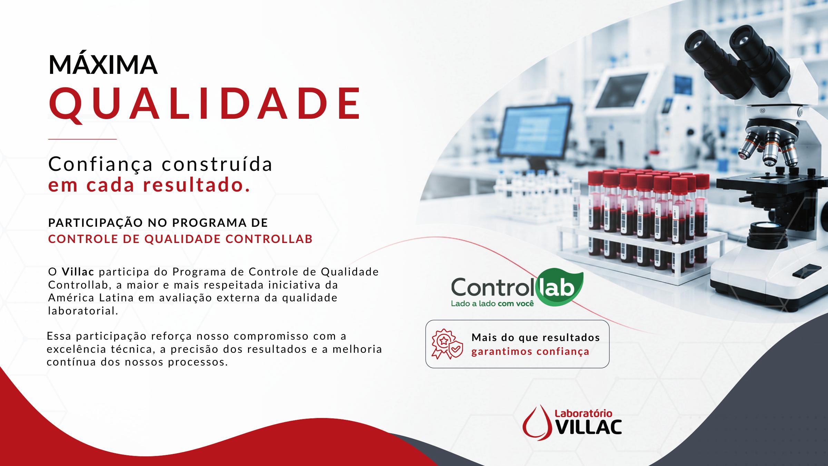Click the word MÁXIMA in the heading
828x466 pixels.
pyautogui.click(x=103, y=65)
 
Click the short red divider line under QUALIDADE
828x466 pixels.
pyautogui.click(x=82, y=139)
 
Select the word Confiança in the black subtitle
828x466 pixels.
pyautogui.click(x=100, y=165)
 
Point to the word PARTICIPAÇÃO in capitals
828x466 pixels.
pyautogui.click(x=95, y=223)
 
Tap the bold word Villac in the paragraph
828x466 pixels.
pyautogui.click(x=78, y=272)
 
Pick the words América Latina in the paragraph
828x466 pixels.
pyautogui.click(x=91, y=298)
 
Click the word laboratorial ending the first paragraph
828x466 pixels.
pyautogui.click(x=83, y=311)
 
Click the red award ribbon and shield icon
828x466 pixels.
pyautogui.click(x=447, y=344)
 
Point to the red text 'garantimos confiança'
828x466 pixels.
pyautogui.click(x=530, y=352)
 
